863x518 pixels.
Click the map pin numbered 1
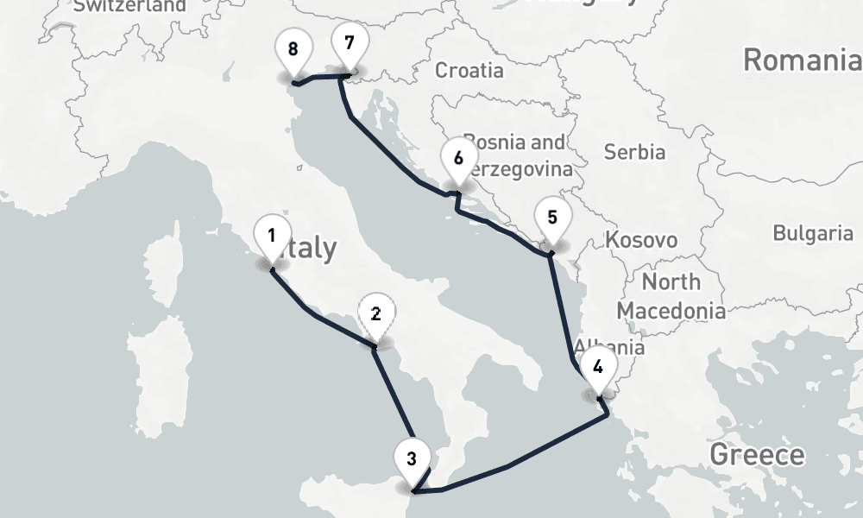pos(272,236)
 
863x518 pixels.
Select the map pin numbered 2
pos(375,314)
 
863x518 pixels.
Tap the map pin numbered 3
pos(412,458)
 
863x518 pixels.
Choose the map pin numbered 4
pos(598,364)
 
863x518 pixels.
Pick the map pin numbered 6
pos(458,159)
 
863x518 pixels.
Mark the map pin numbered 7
pos(349,43)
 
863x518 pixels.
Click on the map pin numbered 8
pos(293,49)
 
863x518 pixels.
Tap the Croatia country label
pos(469,70)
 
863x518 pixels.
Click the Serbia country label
pos(634,152)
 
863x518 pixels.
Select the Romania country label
pos(802,60)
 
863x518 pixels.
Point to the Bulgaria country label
pos(812,232)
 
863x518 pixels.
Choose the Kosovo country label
pos(641,239)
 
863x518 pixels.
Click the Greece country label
pos(757,454)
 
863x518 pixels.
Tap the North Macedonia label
pos(671,295)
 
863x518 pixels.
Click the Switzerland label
pos(129,6)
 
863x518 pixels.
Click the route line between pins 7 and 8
pos(320,79)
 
